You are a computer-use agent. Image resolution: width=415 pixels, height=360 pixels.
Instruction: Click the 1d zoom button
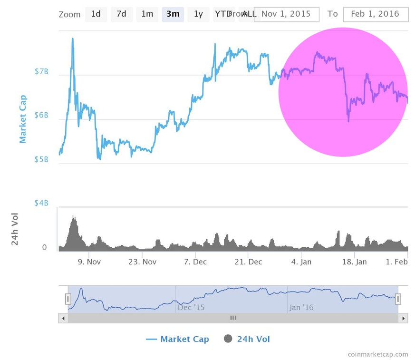pos(96,14)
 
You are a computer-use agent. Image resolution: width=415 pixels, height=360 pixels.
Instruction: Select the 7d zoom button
pos(122,14)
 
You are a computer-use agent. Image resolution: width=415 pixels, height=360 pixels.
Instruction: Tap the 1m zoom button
pos(147,14)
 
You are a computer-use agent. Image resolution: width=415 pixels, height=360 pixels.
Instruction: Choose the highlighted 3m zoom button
pos(173,14)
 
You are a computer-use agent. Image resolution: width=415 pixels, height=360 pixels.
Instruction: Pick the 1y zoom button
pos(198,14)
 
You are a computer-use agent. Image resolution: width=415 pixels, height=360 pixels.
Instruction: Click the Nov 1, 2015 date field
pos(286,14)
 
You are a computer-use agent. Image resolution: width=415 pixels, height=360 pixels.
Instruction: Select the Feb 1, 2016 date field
pos(375,14)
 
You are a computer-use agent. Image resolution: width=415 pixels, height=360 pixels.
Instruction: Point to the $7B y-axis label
pos(41,72)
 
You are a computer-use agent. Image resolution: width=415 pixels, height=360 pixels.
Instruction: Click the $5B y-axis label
pos(41,159)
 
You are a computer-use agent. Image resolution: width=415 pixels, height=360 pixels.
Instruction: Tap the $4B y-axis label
pos(41,203)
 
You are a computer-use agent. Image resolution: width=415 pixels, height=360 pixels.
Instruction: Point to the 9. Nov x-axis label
pos(89,262)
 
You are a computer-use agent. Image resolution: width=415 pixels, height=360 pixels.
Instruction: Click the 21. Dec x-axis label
pos(248,262)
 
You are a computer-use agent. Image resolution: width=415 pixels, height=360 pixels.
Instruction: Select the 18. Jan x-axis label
pos(355,262)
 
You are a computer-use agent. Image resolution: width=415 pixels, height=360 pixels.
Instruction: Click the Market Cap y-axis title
pos(23,119)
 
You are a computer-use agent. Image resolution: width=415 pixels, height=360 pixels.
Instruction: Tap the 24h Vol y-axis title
pos(15,229)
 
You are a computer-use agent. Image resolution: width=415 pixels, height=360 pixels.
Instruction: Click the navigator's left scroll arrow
pos(63,318)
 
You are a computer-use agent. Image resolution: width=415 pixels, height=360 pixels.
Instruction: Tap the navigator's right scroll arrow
pos(404,318)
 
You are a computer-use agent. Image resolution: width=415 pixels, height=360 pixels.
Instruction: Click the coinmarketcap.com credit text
pos(377,354)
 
